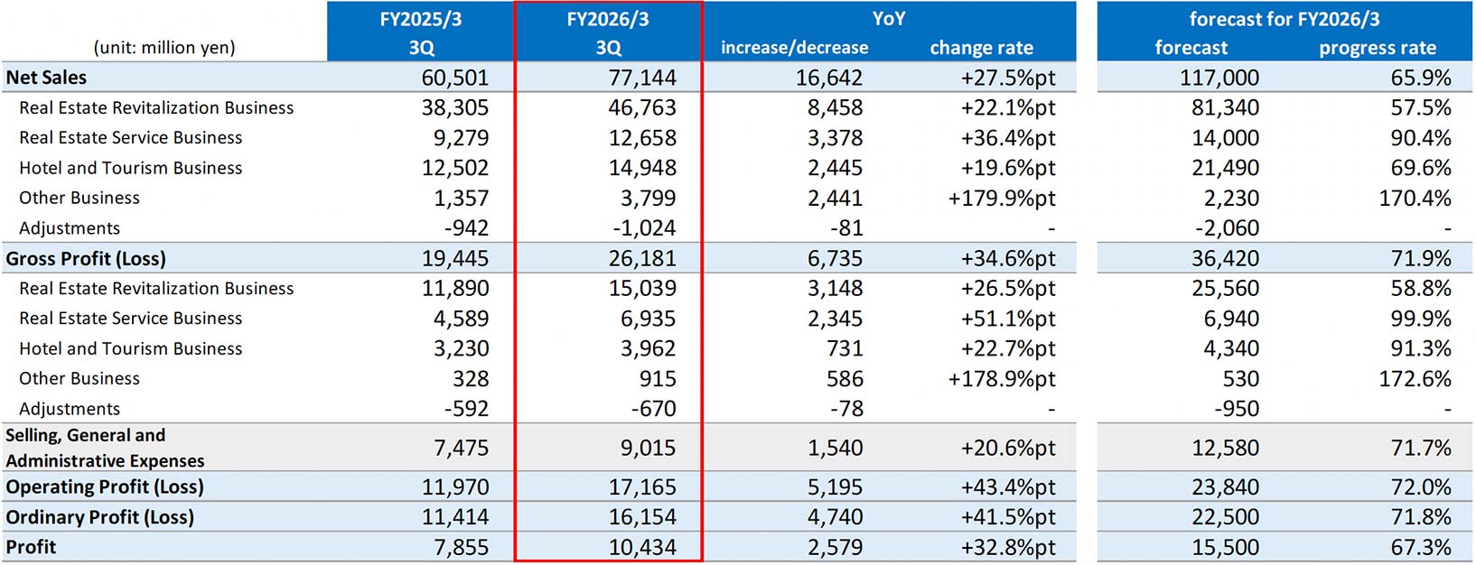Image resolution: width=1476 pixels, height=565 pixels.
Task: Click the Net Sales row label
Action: click(x=46, y=78)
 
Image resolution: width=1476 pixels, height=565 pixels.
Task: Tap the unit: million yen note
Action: click(x=164, y=47)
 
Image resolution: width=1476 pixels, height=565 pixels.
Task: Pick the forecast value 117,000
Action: click(x=1219, y=78)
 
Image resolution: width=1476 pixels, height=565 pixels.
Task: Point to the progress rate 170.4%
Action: click(x=1415, y=198)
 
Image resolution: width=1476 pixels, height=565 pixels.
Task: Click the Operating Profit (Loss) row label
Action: click(x=105, y=486)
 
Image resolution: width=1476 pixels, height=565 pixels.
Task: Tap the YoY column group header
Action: click(x=888, y=18)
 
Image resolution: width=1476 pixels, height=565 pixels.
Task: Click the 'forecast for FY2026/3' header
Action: click(x=1284, y=18)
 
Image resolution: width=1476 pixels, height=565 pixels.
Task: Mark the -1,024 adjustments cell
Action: click(x=644, y=228)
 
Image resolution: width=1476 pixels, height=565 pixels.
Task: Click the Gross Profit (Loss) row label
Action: click(x=86, y=258)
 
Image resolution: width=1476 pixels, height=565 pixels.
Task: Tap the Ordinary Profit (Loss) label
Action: click(x=99, y=517)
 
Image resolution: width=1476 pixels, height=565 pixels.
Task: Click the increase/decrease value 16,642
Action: click(x=828, y=78)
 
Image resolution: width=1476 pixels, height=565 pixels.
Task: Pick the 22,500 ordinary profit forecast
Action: click(x=1225, y=517)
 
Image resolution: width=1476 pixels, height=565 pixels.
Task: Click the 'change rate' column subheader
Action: click(x=981, y=47)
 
